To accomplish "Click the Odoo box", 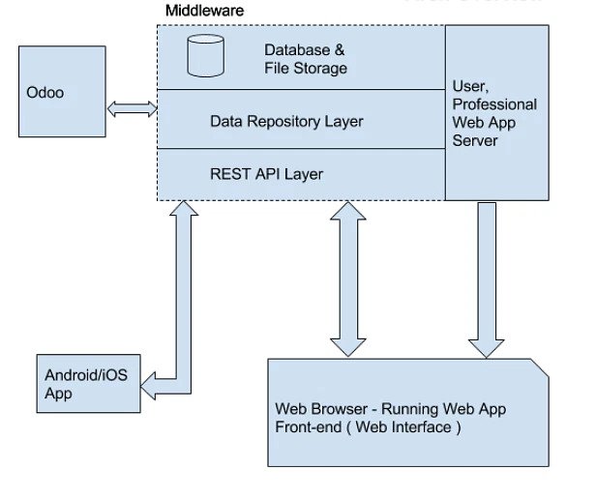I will click(x=60, y=95).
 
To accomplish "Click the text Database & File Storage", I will click(x=305, y=59).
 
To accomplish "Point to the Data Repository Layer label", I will click(x=286, y=121).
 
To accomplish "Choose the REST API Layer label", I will click(x=266, y=174).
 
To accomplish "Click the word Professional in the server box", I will click(x=494, y=104).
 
